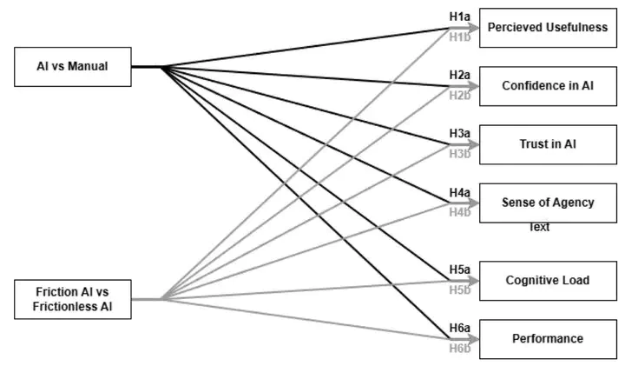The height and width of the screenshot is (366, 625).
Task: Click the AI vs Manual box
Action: pos(74,66)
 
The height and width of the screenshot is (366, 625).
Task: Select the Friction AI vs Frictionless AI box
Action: pos(74,299)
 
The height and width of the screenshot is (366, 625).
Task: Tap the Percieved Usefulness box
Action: pos(547,28)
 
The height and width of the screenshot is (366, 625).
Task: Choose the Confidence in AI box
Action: pos(547,86)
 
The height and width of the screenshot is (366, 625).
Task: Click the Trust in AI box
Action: pos(547,144)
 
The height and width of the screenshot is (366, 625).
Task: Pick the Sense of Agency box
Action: pos(547,203)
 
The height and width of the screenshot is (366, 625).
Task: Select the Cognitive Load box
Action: pos(547,280)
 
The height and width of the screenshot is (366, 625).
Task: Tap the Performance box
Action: pos(547,338)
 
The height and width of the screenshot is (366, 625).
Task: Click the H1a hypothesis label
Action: pos(459,17)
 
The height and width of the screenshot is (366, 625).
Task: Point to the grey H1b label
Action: pos(459,37)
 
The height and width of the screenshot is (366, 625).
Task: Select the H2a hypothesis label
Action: pos(459,75)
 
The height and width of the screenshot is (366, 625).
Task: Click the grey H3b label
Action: pos(459,154)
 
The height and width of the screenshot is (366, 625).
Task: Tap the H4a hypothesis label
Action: pos(459,191)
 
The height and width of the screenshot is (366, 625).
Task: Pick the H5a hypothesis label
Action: pos(459,270)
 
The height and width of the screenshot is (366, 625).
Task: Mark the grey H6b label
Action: pos(459,348)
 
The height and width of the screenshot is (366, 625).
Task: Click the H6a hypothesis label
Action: pos(459,328)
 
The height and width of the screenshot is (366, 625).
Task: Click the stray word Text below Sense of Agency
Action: pos(539,228)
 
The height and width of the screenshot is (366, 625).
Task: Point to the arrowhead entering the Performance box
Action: pos(474,338)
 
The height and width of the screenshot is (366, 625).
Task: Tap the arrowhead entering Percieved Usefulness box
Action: pos(474,28)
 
